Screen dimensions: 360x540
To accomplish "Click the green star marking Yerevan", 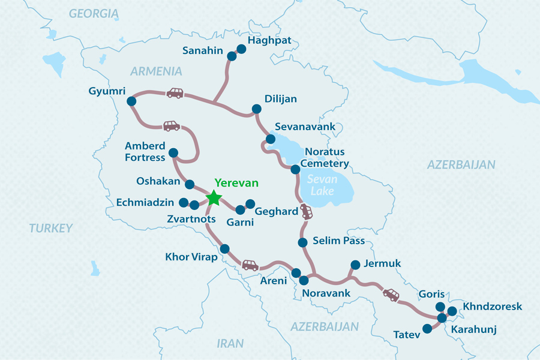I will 214,198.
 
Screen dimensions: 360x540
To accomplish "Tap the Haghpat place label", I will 269,41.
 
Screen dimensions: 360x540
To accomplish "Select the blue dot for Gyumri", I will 131,102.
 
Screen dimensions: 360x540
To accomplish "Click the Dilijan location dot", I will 256,109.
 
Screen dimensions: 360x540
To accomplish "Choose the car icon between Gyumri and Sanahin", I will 175,93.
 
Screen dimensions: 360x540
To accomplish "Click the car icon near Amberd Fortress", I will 171,126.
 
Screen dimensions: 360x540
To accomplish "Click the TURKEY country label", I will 50,228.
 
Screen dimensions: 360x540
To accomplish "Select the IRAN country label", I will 230,343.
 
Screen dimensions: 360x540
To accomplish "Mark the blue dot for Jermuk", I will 355,264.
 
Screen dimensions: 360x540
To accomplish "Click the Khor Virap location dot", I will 225,249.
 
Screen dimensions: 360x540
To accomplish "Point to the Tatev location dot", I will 427,329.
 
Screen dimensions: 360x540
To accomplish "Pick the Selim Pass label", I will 339,241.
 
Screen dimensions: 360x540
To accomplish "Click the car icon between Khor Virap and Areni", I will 250,265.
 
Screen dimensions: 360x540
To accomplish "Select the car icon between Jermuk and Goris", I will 391,295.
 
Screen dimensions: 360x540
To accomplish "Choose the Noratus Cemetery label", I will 326,157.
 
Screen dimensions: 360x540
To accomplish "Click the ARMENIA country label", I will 156,71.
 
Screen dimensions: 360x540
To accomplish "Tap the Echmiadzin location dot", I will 184,202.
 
